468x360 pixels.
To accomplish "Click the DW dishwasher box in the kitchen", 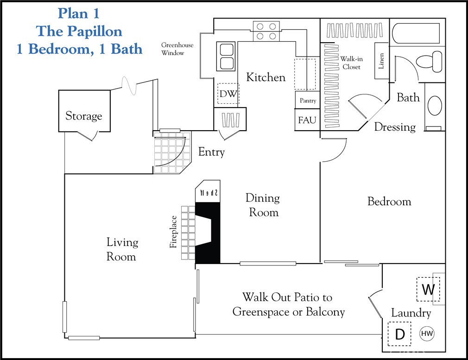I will pyautogui.click(x=228, y=95).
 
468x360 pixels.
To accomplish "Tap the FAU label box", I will pyautogui.click(x=307, y=120).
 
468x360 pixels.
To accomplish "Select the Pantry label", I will pyautogui.click(x=308, y=101).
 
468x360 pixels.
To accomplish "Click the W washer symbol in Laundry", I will pyautogui.click(x=428, y=290).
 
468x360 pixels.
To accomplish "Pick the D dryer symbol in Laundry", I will pyautogui.click(x=399, y=334).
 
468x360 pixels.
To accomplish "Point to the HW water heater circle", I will pyautogui.click(x=427, y=333).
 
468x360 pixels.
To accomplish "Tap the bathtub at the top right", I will pyautogui.click(x=417, y=33).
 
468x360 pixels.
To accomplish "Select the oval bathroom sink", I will pyautogui.click(x=435, y=106).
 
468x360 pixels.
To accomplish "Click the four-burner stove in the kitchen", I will pyautogui.click(x=266, y=31).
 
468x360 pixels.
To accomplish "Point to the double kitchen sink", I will pyautogui.click(x=227, y=56).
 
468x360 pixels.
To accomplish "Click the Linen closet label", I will pyautogui.click(x=381, y=61).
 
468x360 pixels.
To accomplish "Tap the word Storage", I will pyautogui.click(x=83, y=116).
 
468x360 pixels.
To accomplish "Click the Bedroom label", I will pyautogui.click(x=389, y=202).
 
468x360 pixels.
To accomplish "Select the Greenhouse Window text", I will pyautogui.click(x=177, y=49).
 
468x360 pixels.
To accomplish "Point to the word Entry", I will pyautogui.click(x=211, y=152).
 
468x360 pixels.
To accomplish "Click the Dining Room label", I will pyautogui.click(x=263, y=205).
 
